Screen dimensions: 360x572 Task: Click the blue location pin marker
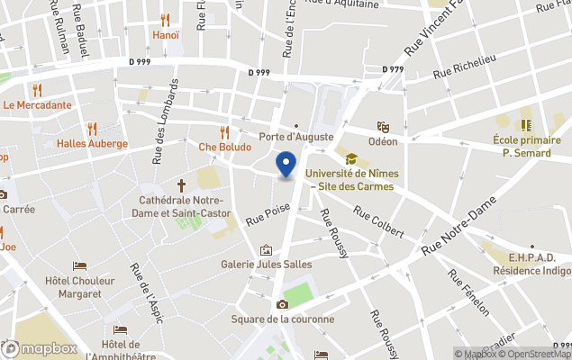[286, 165]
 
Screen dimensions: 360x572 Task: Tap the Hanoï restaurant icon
[164, 20]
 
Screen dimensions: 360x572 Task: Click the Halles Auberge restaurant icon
[92, 129]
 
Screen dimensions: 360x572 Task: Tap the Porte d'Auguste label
[296, 137]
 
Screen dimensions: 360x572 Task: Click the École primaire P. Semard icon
[526, 124]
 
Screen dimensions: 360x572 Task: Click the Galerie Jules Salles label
[266, 264]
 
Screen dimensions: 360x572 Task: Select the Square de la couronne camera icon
[282, 305]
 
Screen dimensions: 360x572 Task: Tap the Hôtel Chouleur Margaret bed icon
[79, 266]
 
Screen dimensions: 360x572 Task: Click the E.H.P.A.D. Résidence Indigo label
[531, 263]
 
